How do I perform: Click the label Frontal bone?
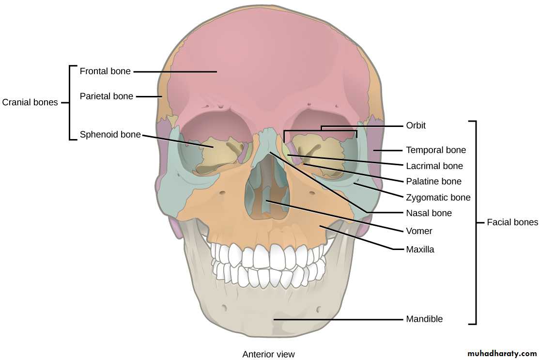[105, 71]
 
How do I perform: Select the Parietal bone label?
[106, 96]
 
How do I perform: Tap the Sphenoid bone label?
[110, 135]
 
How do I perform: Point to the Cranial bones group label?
[30, 102]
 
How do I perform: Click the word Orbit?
[416, 125]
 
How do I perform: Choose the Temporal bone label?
[435, 150]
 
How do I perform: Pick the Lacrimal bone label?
[434, 166]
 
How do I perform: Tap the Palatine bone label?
[433, 182]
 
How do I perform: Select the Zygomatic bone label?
[438, 198]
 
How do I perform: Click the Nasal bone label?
[429, 213]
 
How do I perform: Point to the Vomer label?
[419, 231]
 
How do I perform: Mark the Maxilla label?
[420, 250]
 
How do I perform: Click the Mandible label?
[424, 319]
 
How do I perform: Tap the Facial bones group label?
[512, 222]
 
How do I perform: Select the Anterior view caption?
[268, 354]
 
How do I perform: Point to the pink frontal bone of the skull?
[266, 63]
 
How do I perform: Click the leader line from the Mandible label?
[339, 319]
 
